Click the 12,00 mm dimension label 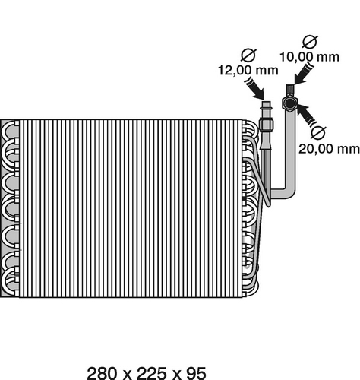[248, 70]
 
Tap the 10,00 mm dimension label [309, 57]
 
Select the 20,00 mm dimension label [329, 149]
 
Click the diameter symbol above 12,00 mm [248, 55]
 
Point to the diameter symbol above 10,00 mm [310, 42]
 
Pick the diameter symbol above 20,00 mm [318, 132]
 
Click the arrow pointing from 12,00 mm [254, 89]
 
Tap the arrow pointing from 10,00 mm [305, 74]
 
